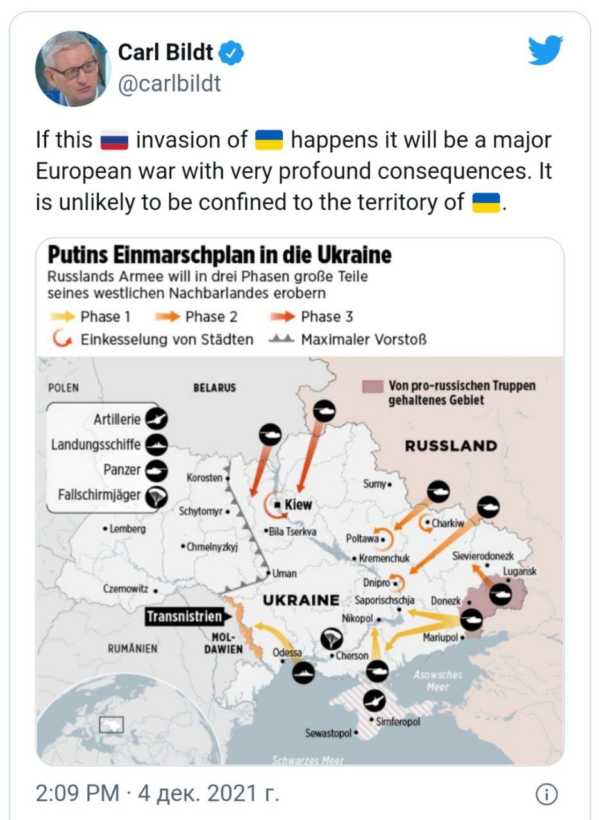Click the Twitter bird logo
(545, 51)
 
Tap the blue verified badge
(232, 53)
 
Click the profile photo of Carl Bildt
(72, 69)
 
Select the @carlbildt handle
(169, 83)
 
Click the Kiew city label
(298, 505)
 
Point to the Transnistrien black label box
(184, 617)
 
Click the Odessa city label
(287, 653)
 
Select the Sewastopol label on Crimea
(328, 733)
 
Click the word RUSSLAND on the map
(451, 447)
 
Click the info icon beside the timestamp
(545, 794)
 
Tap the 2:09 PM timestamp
(78, 794)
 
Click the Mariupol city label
(441, 638)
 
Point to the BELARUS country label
(214, 388)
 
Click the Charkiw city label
(447, 523)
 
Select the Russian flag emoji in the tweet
(115, 140)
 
